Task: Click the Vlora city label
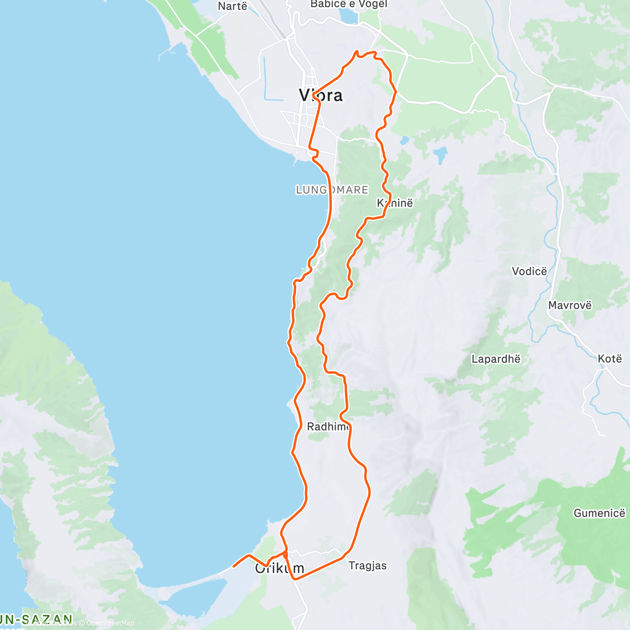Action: coord(320,95)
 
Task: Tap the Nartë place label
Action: coord(233,6)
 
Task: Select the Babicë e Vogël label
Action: coord(349,4)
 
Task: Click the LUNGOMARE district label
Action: coord(332,190)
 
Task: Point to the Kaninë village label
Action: coord(395,203)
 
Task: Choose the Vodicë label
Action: coord(529,271)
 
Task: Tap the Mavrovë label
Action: coord(570,305)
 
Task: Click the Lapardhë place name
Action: coord(496,359)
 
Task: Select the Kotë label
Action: coord(610,359)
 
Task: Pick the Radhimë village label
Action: coord(329,426)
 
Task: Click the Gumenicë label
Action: coord(599,513)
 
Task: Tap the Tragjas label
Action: coord(367,565)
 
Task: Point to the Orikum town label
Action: coord(279,568)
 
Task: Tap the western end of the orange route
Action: coord(234,566)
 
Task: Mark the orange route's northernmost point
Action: coord(357,51)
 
